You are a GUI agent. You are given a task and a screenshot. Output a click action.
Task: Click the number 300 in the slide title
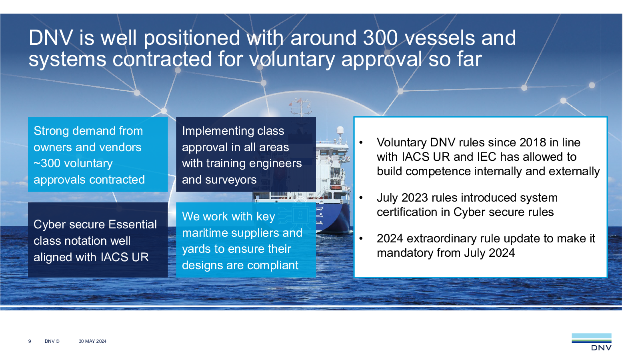click(x=380, y=38)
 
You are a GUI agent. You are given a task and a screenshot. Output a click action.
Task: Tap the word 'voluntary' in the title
click(x=292, y=60)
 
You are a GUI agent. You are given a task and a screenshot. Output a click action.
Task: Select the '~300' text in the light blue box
click(x=47, y=164)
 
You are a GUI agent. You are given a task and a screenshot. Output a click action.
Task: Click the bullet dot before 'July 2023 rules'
click(x=361, y=198)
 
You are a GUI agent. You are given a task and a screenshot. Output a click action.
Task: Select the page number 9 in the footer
click(x=30, y=341)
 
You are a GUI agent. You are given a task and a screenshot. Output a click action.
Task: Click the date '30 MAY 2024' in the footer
click(x=92, y=341)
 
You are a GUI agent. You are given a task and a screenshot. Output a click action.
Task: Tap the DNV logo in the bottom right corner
click(x=592, y=342)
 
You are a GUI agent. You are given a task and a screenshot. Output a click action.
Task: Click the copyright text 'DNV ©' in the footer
click(x=52, y=341)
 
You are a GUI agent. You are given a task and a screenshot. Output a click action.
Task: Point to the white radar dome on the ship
click(x=340, y=130)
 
